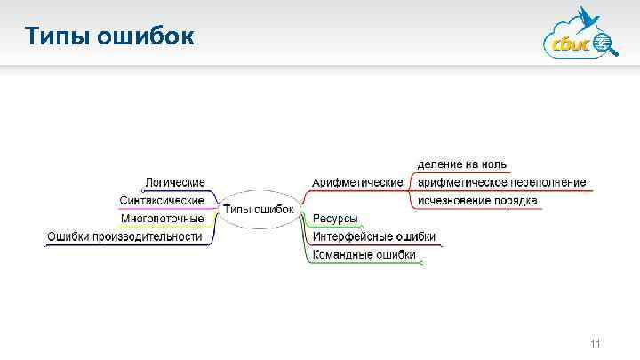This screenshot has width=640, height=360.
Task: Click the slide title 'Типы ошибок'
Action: (108, 36)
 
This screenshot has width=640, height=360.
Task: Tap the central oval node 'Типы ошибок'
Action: (258, 210)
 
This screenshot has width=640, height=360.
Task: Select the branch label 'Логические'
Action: (175, 182)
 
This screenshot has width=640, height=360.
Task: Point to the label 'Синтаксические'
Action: (161, 200)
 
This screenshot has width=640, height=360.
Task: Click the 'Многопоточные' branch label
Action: (163, 218)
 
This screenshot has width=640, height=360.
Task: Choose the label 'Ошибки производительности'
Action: (124, 236)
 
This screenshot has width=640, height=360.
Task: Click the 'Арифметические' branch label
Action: (357, 182)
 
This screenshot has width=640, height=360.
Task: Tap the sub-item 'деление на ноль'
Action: (462, 164)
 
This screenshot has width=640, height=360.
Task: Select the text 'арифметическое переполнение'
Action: (501, 182)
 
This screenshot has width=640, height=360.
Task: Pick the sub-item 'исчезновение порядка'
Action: (477, 201)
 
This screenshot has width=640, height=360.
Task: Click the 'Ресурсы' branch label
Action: (335, 219)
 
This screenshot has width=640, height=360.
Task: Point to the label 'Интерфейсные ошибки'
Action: (373, 236)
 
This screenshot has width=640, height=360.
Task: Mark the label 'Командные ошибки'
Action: (364, 255)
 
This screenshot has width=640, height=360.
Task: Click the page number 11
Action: (596, 343)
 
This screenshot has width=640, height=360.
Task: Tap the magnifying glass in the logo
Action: (604, 42)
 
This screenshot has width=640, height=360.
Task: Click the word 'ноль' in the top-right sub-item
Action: (493, 164)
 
